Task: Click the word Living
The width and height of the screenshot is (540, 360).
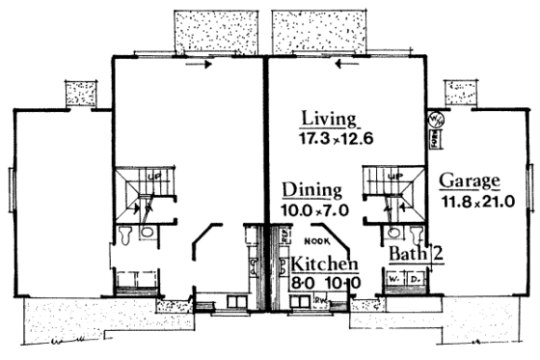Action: pyautogui.click(x=328, y=120)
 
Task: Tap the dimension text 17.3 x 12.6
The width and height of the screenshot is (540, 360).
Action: pyautogui.click(x=328, y=139)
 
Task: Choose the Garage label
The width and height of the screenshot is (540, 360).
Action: pyautogui.click(x=470, y=181)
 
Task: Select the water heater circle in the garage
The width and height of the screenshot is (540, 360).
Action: pyautogui.click(x=433, y=122)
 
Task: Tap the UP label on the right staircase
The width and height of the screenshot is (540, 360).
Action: pyautogui.click(x=393, y=178)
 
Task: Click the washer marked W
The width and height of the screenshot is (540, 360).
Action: pyautogui.click(x=395, y=282)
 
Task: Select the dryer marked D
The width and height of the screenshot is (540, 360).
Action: pyautogui.click(x=416, y=282)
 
